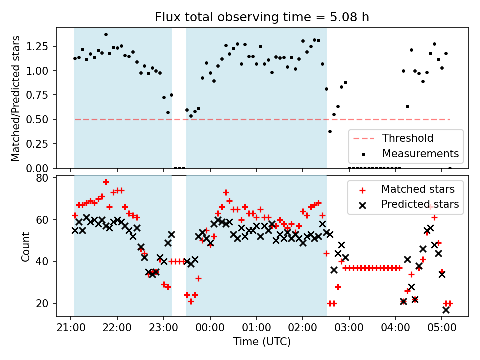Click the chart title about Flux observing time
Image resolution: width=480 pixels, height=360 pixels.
click(262, 18)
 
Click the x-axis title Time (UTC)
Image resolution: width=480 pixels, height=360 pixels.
click(262, 342)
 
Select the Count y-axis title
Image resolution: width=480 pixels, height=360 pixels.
click(26, 246)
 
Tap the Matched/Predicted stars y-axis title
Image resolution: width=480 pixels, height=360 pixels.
click(16, 98)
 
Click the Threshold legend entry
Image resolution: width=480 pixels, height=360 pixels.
click(408, 138)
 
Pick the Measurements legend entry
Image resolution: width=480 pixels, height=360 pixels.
click(420, 153)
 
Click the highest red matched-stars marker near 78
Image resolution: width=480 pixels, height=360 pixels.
click(106, 182)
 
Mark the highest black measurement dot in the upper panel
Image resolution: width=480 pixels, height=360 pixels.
click(106, 35)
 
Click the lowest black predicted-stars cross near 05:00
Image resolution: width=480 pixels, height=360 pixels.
click(446, 310)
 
